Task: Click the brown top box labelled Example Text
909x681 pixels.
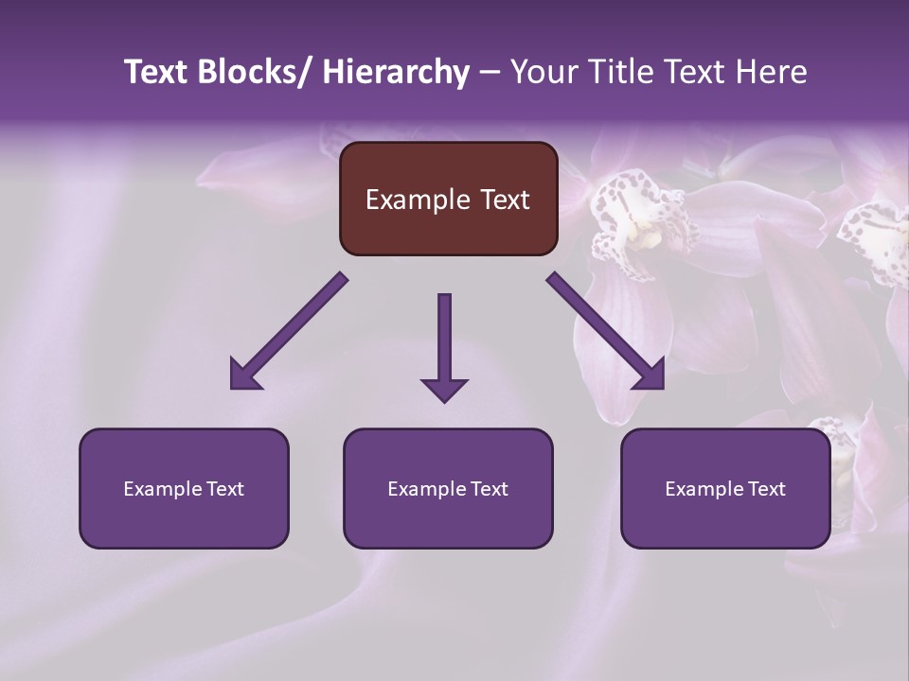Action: tap(448, 199)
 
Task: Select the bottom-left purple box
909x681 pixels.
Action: tap(184, 488)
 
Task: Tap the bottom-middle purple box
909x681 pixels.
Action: tap(448, 488)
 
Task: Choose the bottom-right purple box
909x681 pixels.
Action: tap(725, 488)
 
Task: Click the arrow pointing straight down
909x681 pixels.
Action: tap(444, 345)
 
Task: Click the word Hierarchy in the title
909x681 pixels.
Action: tap(395, 72)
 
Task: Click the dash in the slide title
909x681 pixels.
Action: tap(489, 74)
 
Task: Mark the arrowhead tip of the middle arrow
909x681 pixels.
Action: tap(444, 401)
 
